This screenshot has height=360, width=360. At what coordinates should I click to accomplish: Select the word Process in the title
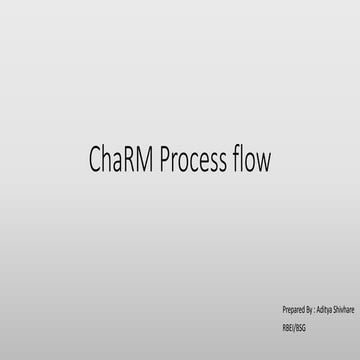[194, 159]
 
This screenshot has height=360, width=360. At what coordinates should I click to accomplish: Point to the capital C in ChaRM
[96, 159]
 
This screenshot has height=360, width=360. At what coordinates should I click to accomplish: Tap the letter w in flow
[265, 161]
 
